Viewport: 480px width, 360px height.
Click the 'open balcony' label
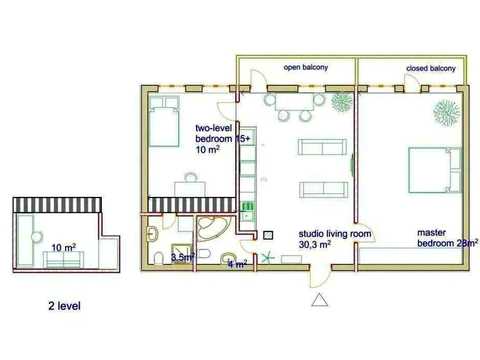306,67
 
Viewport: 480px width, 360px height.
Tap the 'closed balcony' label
431,68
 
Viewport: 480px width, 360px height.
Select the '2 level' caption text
64,306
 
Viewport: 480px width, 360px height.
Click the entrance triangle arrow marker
320,300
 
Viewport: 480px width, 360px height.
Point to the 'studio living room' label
335,234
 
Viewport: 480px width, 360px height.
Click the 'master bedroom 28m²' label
448,238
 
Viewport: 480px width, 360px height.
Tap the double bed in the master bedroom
435,170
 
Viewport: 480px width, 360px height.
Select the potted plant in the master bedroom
446,111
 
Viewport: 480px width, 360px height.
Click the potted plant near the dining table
341,101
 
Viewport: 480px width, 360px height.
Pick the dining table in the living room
294,103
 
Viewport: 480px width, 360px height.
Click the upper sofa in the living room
322,147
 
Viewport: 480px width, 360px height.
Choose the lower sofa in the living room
323,190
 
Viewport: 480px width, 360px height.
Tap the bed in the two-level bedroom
164,121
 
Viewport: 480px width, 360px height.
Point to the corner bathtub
211,228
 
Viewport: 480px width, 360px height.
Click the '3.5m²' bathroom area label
183,257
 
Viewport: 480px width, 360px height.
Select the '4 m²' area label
237,264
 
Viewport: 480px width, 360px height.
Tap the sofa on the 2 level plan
63,259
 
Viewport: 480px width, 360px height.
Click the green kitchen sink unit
248,211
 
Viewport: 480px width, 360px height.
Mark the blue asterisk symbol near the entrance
266,258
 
